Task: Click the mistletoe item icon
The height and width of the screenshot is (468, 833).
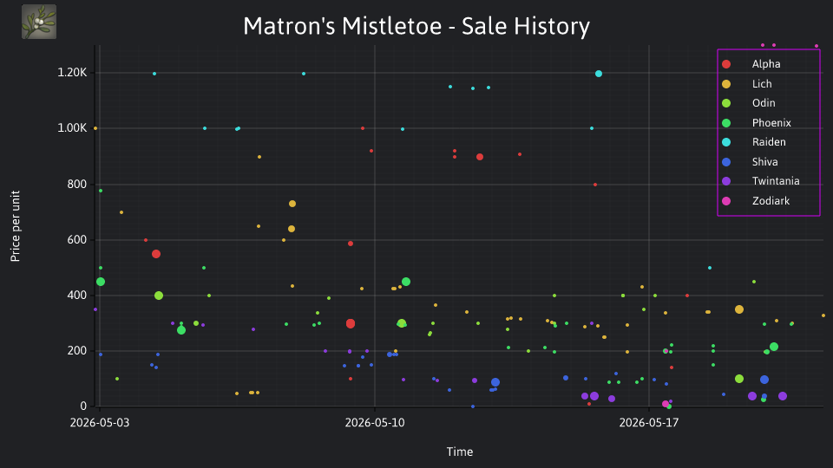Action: (39, 22)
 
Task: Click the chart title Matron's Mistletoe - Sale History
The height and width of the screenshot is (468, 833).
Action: (416, 26)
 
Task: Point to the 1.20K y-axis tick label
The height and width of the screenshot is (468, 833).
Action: (72, 73)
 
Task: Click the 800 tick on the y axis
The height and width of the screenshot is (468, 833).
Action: (77, 184)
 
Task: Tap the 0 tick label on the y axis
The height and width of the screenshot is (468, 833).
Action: (83, 406)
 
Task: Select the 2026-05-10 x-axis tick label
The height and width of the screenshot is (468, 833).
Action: (375, 422)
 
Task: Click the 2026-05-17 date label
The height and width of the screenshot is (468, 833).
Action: (649, 422)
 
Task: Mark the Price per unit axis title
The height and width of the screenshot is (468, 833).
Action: (16, 226)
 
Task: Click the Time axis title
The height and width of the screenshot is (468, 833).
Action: (460, 452)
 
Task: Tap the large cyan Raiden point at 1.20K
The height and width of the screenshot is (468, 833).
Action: (599, 74)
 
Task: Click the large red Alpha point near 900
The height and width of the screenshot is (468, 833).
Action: (480, 157)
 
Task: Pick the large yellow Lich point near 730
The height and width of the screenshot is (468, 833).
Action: (292, 204)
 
